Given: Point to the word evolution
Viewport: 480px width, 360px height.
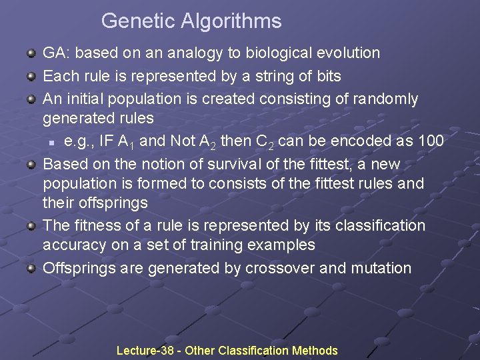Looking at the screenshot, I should point(349,53).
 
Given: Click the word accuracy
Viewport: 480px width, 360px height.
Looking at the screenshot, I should point(74,245).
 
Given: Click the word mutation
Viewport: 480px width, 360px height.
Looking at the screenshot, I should point(382,268).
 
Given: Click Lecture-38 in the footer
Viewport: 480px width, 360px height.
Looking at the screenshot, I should point(142,350).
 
